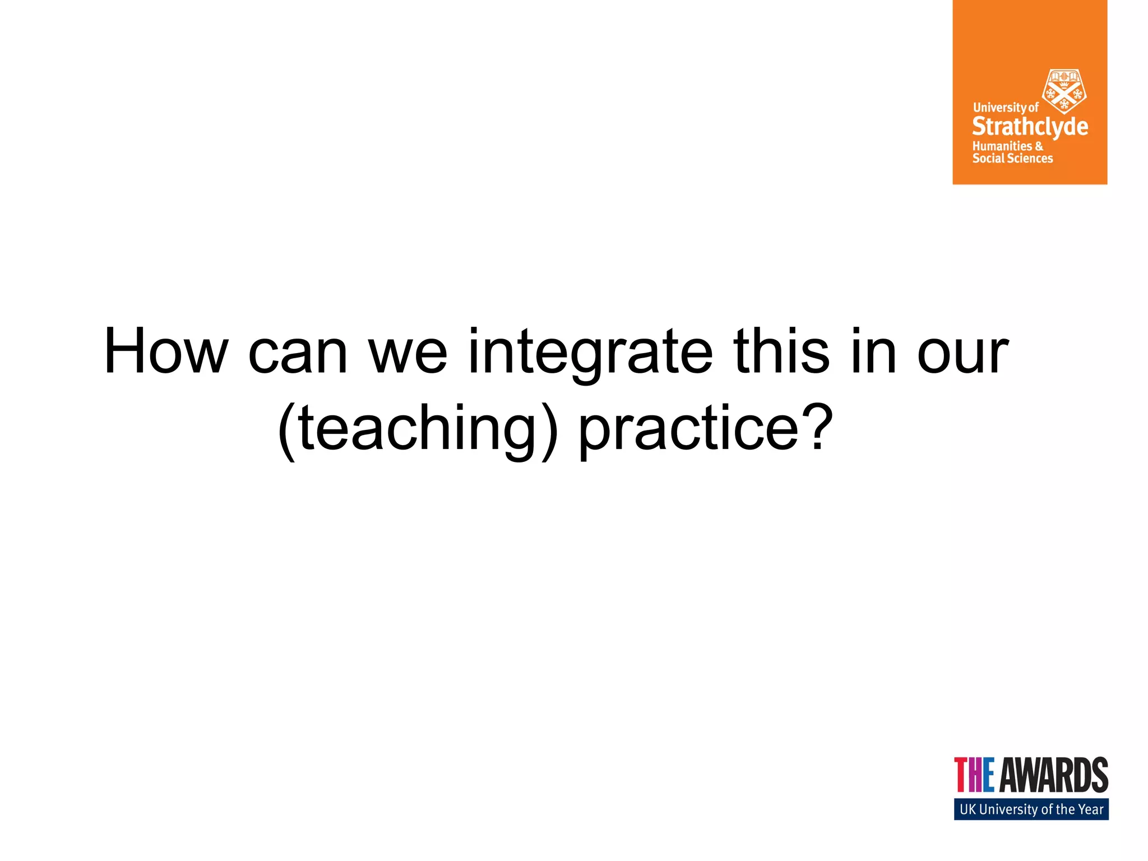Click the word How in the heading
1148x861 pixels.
tap(166, 351)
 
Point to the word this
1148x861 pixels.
tap(781, 351)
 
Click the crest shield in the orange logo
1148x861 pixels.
tap(1063, 91)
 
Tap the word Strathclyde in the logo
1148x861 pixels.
tap(1030, 127)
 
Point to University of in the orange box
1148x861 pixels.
tap(1006, 107)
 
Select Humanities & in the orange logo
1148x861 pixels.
tap(1007, 146)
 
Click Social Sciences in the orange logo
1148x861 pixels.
tap(1012, 159)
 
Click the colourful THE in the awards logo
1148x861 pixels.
tap(974, 775)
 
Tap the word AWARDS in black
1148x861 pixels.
tap(1054, 775)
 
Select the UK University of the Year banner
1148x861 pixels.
tap(1031, 809)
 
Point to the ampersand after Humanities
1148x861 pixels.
tap(1039, 146)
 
